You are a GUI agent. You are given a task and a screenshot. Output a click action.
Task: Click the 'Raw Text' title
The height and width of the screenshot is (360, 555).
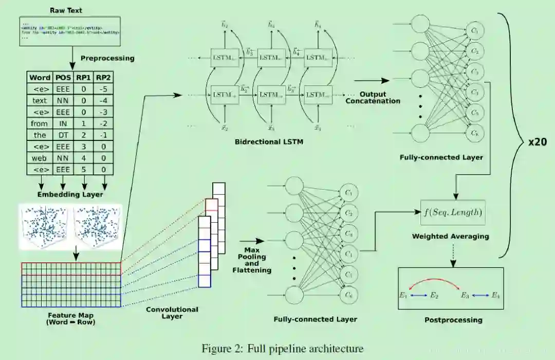point(66,10)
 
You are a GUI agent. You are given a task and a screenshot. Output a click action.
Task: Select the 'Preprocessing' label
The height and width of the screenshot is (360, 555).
point(107,58)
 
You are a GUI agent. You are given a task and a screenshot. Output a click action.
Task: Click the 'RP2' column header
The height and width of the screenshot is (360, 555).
point(104,78)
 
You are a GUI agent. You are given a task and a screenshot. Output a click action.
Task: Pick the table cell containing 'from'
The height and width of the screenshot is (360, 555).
point(40,123)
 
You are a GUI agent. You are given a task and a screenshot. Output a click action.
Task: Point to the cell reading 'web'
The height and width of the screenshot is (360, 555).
point(40,158)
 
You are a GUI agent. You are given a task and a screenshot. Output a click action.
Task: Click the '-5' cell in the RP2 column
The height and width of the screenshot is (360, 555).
point(104,89)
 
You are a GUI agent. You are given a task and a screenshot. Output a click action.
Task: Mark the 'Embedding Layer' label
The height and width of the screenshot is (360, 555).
point(70,194)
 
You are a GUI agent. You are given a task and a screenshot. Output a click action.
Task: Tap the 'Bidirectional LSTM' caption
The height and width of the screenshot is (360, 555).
point(269,141)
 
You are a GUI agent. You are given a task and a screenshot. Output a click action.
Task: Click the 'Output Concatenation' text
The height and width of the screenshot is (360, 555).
point(373,98)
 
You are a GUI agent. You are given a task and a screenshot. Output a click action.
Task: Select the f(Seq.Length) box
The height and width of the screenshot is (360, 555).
point(453,212)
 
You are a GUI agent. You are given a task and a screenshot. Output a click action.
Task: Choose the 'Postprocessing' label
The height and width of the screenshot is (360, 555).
point(453,320)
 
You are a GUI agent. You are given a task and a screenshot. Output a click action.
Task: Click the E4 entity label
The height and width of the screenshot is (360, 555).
point(495,295)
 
